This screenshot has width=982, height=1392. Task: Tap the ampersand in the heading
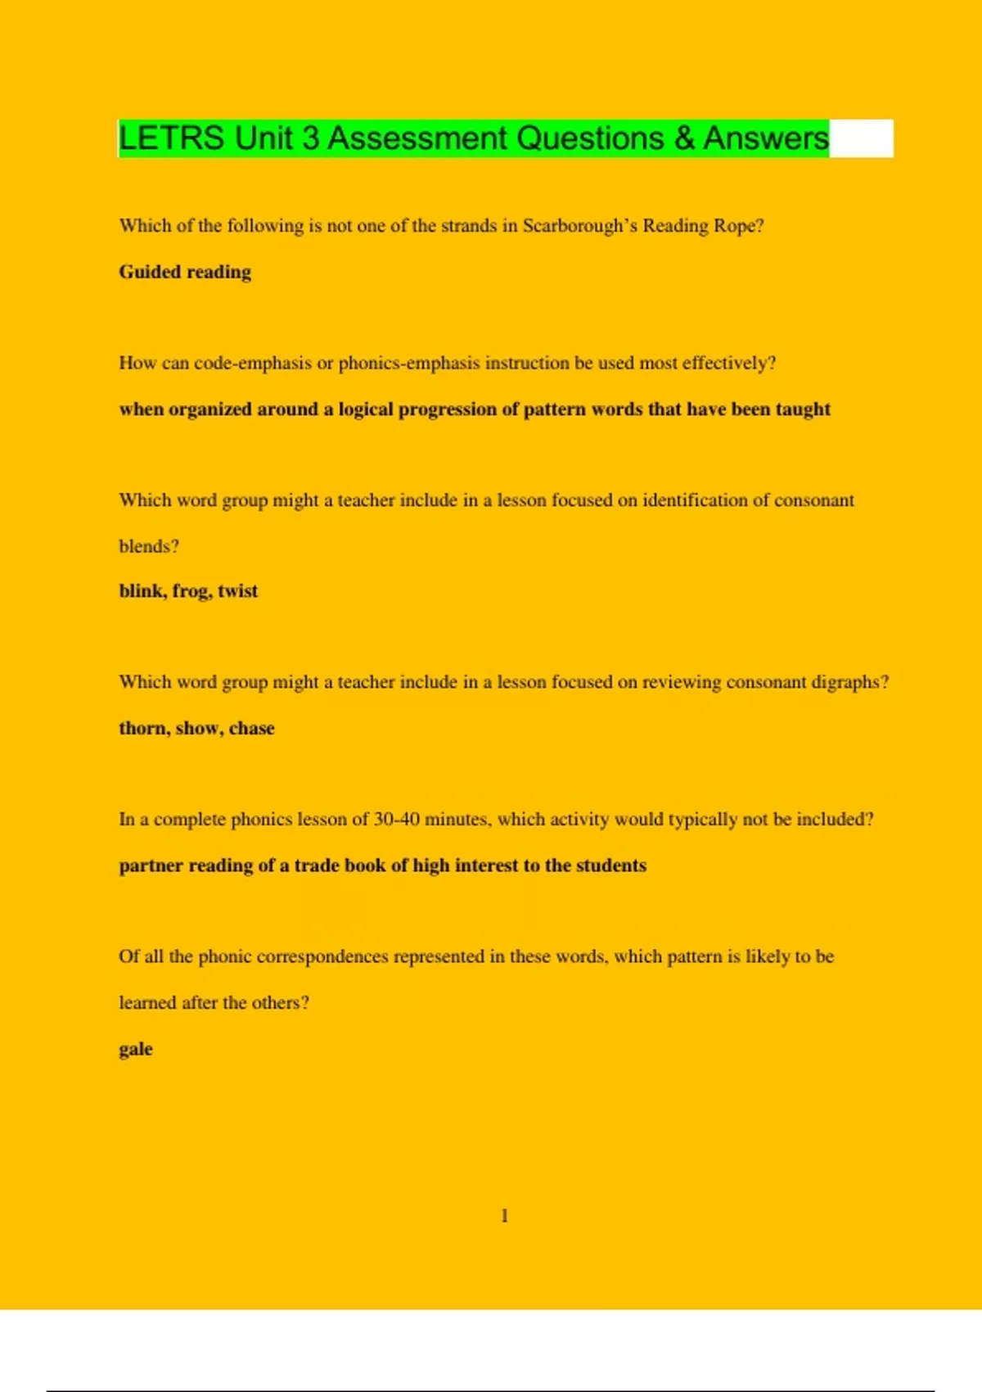click(x=684, y=138)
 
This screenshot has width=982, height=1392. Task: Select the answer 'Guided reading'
click(x=185, y=272)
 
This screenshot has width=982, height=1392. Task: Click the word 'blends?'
click(x=149, y=546)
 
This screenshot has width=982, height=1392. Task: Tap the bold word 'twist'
click(x=237, y=591)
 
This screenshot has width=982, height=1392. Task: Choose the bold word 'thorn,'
click(x=144, y=728)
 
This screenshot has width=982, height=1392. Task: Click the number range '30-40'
click(x=396, y=820)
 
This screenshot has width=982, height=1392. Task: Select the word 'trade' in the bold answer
click(x=316, y=865)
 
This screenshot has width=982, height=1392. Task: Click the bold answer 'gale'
click(x=136, y=1049)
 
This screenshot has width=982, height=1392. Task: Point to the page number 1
click(x=504, y=1216)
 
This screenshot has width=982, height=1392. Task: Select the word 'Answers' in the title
click(x=766, y=138)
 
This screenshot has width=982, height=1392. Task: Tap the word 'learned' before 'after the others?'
click(x=147, y=1002)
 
